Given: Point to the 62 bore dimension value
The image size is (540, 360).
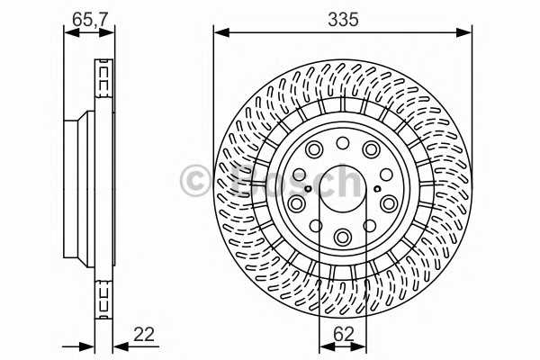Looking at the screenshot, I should tap(343, 332).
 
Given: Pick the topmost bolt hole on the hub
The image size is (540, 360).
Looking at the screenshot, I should tap(343, 143).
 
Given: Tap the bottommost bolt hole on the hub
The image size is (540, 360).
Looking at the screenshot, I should tap(343, 237).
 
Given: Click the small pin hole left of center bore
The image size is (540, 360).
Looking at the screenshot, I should tap(308, 189).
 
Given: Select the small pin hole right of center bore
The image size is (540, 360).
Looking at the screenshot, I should tap(378, 189).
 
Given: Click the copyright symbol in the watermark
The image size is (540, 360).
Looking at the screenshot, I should tap(195, 181).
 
